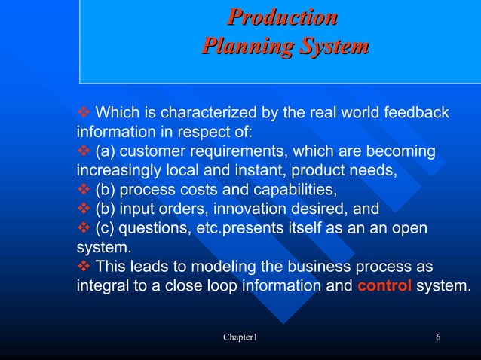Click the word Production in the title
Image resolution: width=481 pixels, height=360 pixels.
coord(283,17)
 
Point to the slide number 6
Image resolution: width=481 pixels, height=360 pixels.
coord(438,337)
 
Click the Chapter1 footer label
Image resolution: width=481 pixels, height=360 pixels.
coord(240,337)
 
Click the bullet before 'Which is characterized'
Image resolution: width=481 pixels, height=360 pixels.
coord(84,113)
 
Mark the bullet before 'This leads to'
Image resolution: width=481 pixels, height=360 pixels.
coord(84,267)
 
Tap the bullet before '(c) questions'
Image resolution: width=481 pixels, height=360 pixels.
coord(84,228)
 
